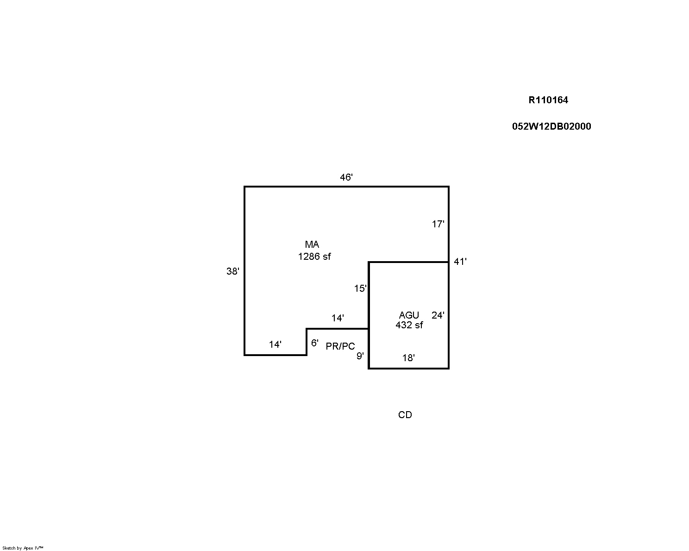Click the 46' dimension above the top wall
pyautogui.click(x=346, y=177)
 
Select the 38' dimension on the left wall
pyautogui.click(x=233, y=271)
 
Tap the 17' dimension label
pyautogui.click(x=438, y=224)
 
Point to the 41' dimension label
pyautogui.click(x=460, y=262)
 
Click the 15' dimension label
pyautogui.click(x=360, y=288)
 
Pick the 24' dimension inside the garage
pyautogui.click(x=438, y=315)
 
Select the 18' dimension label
pyautogui.click(x=408, y=357)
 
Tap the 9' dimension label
pyautogui.click(x=360, y=356)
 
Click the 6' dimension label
pyautogui.click(x=315, y=343)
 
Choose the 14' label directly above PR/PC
pyautogui.click(x=338, y=318)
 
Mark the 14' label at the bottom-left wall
pyautogui.click(x=275, y=344)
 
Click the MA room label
pyautogui.click(x=312, y=244)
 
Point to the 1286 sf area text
pyautogui.click(x=314, y=257)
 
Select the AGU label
pyautogui.click(x=409, y=315)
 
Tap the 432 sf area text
pyautogui.click(x=409, y=325)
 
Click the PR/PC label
pyautogui.click(x=340, y=346)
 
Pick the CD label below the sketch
pyautogui.click(x=405, y=415)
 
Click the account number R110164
pyautogui.click(x=548, y=100)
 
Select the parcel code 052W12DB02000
pyautogui.click(x=551, y=126)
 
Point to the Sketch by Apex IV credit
pyautogui.click(x=23, y=548)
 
